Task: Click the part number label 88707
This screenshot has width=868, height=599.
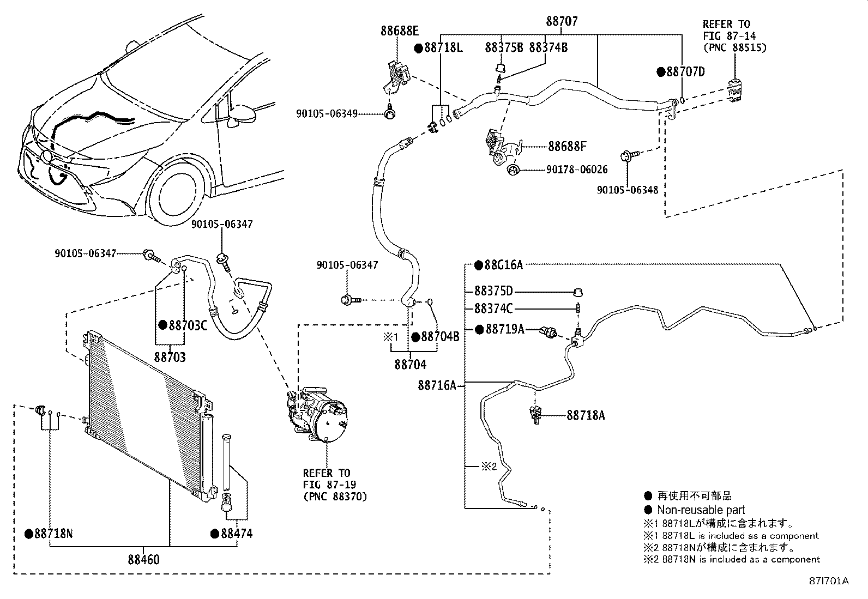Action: (x=562, y=21)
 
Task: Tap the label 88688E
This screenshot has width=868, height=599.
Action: (x=399, y=31)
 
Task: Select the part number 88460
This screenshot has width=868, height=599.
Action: (x=143, y=559)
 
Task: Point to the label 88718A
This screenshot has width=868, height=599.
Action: (x=586, y=415)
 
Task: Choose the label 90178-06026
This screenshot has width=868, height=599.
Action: (x=577, y=170)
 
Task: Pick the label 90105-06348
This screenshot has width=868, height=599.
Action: (x=628, y=190)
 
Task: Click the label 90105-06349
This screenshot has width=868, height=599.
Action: (x=327, y=113)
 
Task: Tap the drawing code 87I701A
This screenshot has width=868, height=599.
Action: (x=829, y=581)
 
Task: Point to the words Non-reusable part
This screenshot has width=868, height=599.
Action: (x=701, y=510)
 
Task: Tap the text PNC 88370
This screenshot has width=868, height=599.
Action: (x=335, y=497)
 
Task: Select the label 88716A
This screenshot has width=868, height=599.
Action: (x=437, y=385)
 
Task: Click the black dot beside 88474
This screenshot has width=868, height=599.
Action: (x=215, y=534)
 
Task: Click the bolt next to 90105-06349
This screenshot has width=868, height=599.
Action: (x=390, y=111)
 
